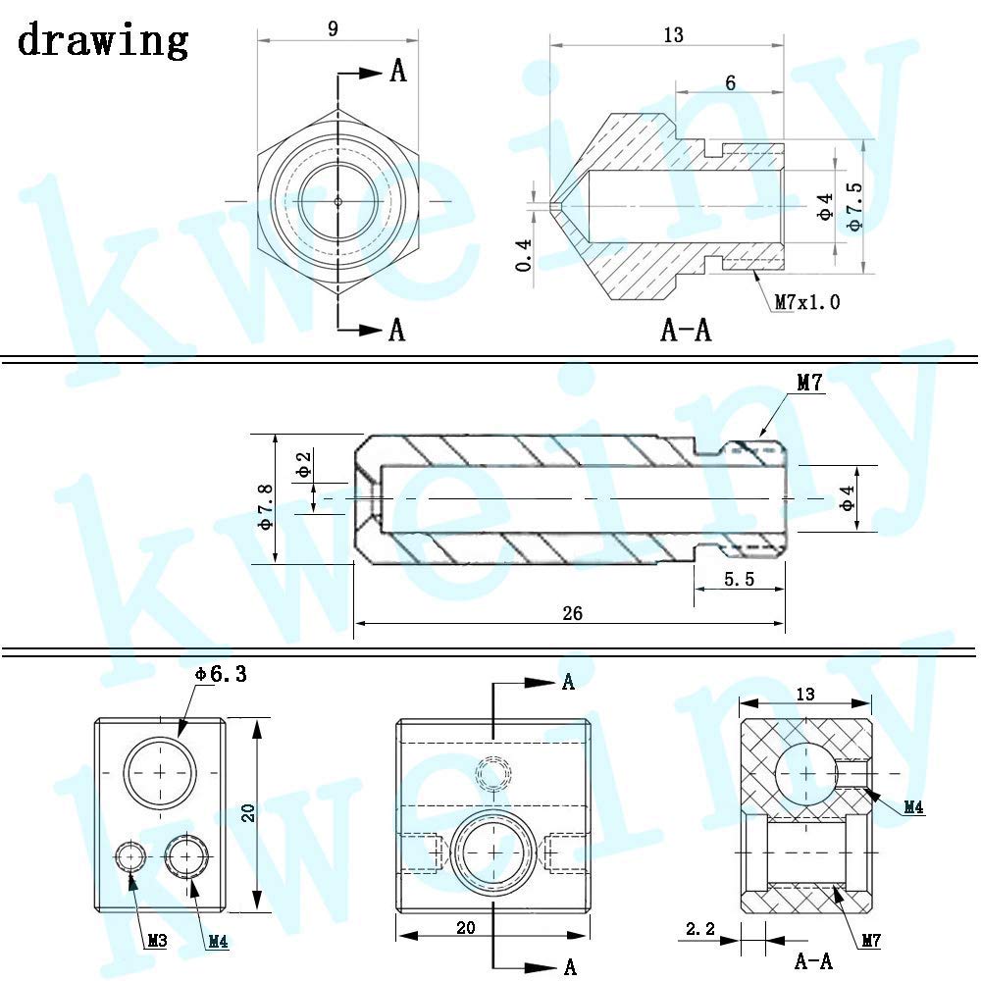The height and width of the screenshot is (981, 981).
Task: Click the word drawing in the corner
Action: coord(103,40)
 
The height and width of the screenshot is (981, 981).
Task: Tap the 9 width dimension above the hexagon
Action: coord(333,28)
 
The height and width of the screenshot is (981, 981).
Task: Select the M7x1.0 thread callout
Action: coord(807,302)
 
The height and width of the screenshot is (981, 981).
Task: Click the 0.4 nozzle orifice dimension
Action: coord(524,255)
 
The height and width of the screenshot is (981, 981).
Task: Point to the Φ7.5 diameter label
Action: coord(854,206)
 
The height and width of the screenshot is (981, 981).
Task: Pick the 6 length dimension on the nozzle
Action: coord(730,82)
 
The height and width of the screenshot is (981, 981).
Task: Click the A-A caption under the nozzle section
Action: coord(686,329)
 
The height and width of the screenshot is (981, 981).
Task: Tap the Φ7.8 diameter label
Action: coord(266,506)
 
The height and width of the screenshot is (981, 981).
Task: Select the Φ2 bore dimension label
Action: coord(303,465)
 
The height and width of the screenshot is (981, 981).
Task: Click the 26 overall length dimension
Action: coord(572,613)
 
